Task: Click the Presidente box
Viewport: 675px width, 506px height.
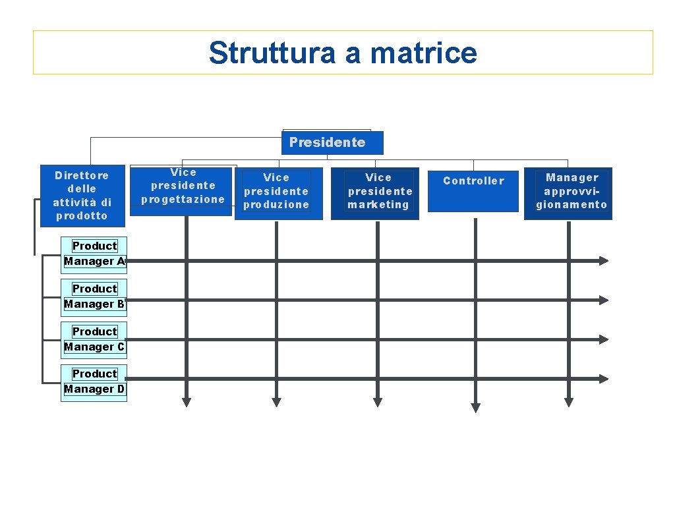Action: click(x=332, y=142)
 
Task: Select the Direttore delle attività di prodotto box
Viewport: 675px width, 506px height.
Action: click(x=82, y=195)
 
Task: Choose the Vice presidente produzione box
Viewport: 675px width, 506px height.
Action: click(x=278, y=193)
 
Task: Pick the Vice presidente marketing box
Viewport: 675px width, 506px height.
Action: click(x=374, y=193)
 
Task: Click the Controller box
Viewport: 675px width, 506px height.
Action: click(x=473, y=190)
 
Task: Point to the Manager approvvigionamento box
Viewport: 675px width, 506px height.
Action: click(x=568, y=193)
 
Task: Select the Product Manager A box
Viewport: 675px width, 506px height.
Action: click(x=94, y=254)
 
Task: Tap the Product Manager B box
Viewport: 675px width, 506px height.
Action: click(x=94, y=296)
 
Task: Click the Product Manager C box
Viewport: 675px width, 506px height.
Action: click(x=94, y=339)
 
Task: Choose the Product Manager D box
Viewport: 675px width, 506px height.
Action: click(x=94, y=382)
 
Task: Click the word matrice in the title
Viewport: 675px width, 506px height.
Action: click(x=423, y=53)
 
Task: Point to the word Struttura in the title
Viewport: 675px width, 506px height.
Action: click(x=271, y=53)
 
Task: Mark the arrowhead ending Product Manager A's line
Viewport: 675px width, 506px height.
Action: click(x=603, y=261)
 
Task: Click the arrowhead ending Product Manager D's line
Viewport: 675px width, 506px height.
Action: click(x=603, y=379)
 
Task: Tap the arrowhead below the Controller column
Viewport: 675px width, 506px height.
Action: click(x=475, y=408)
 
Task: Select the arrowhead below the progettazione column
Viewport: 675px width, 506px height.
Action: click(x=187, y=402)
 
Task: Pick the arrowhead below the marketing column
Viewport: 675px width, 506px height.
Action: click(x=378, y=402)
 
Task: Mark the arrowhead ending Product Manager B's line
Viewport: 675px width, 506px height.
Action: click(x=603, y=300)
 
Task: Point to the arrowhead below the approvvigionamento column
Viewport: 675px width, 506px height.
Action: click(x=569, y=402)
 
